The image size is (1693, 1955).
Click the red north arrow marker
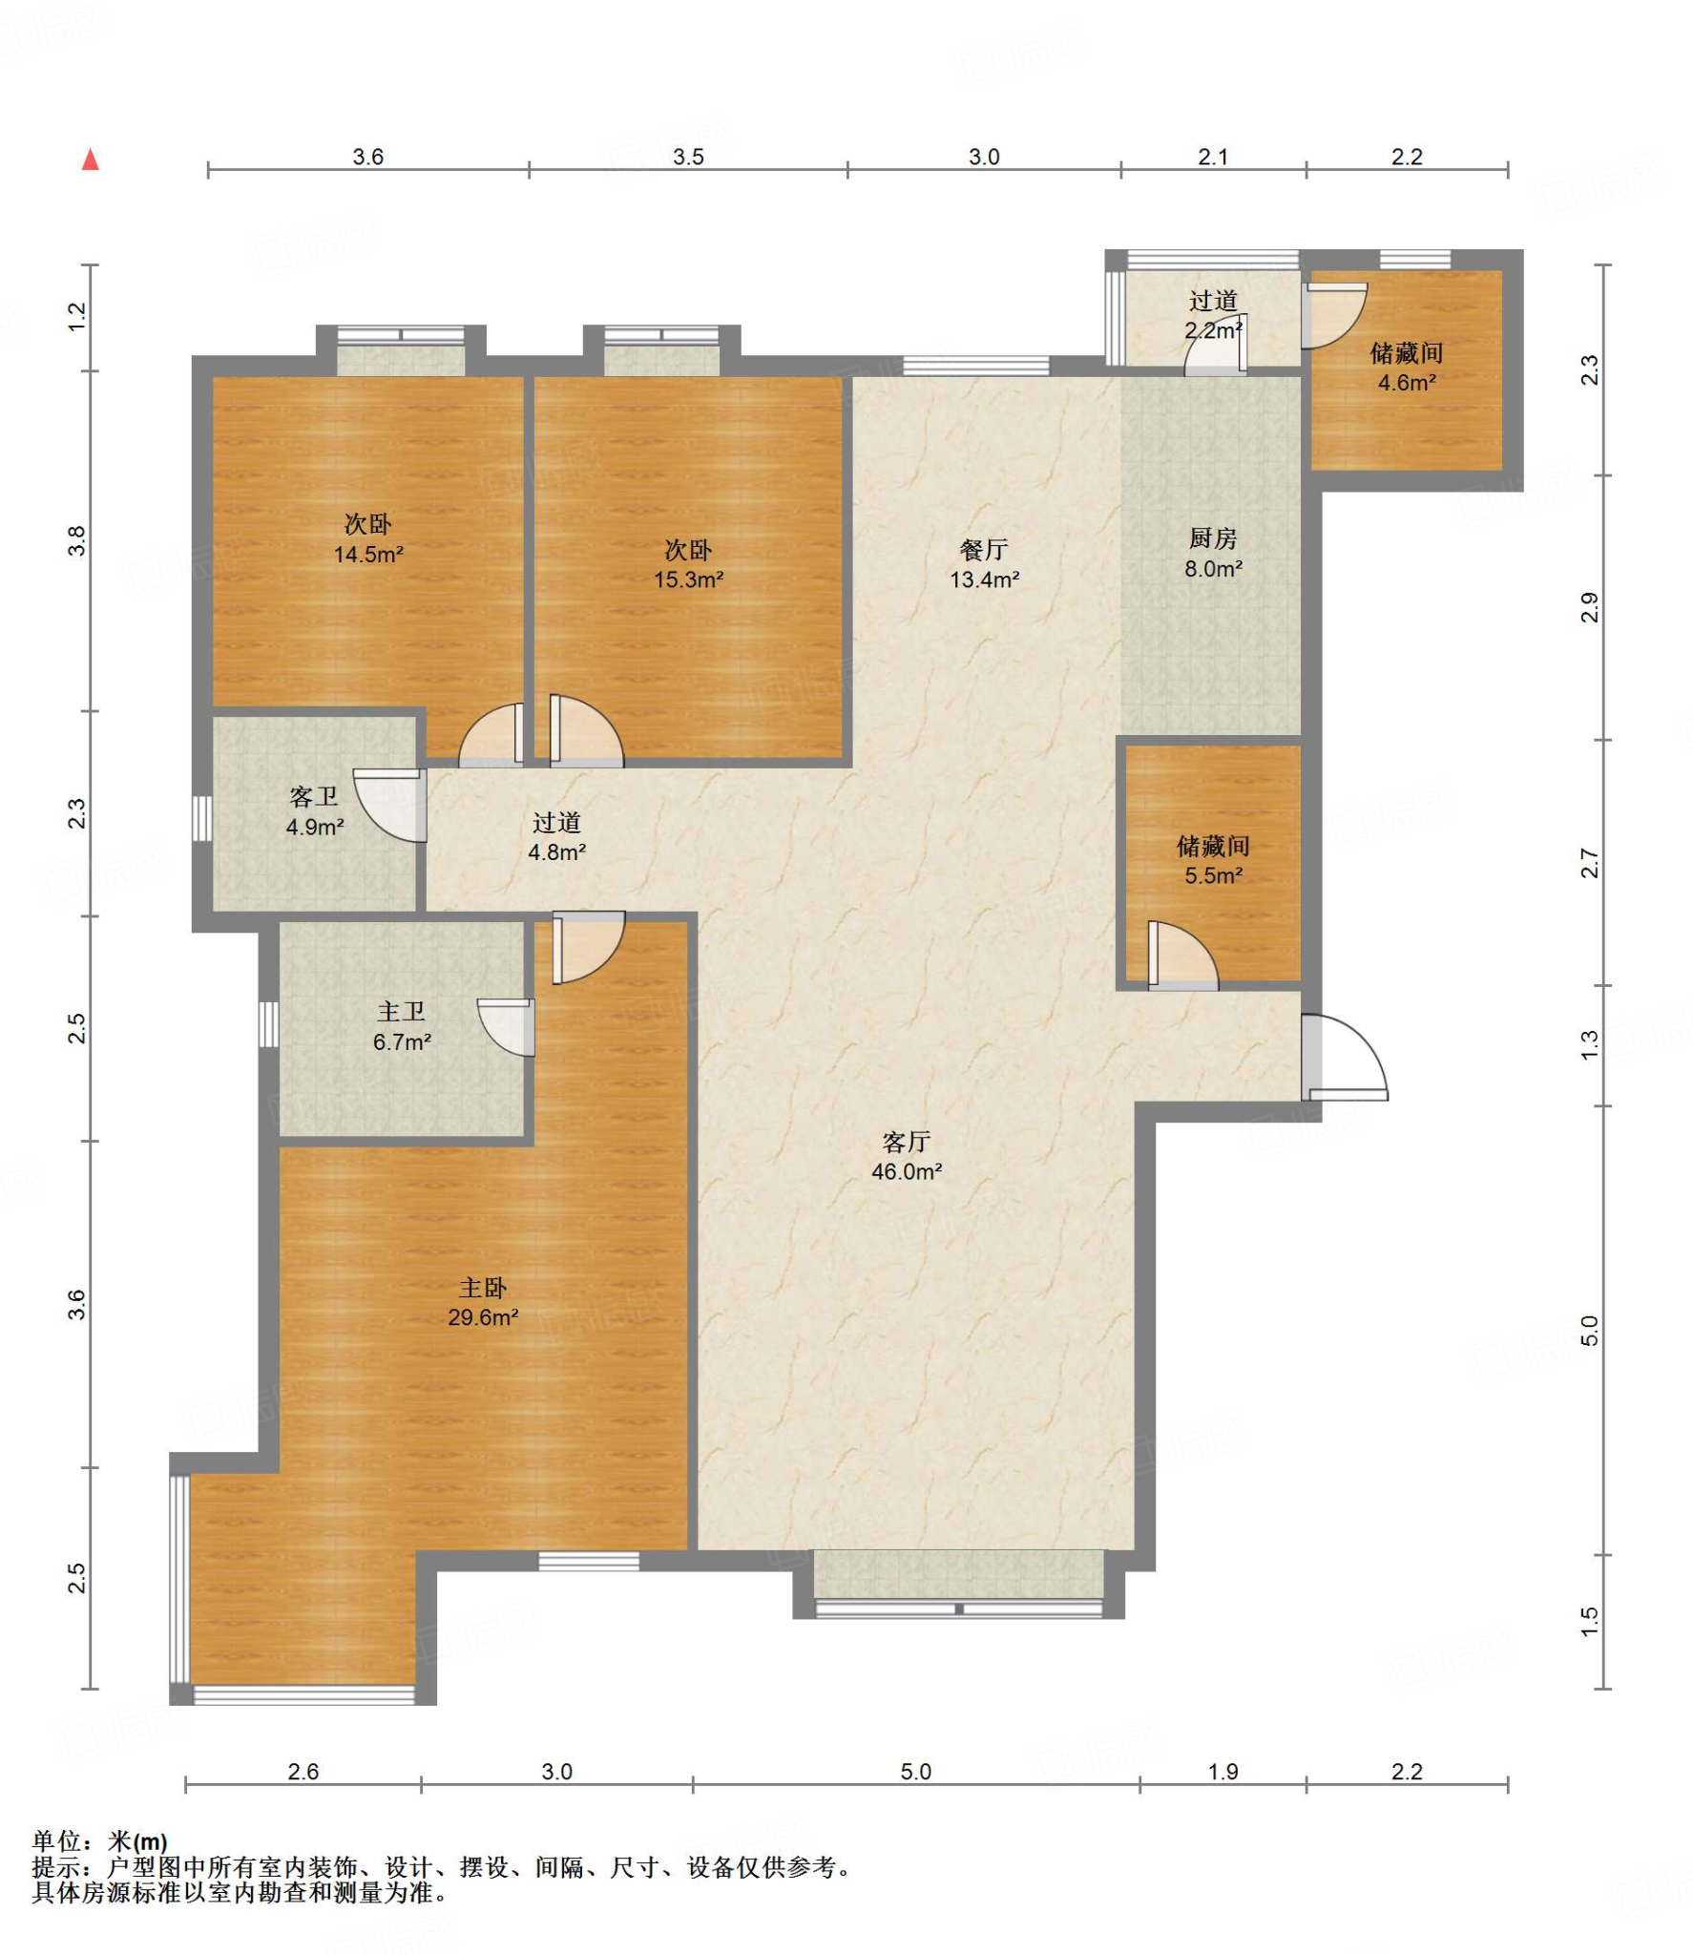(x=91, y=159)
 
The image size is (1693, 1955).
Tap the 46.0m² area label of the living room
(x=907, y=1171)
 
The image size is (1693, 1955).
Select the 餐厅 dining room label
(x=984, y=550)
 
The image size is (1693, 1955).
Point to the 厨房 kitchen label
(x=1213, y=538)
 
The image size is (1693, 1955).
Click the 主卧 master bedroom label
(x=483, y=1288)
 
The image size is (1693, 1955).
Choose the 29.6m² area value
(x=483, y=1317)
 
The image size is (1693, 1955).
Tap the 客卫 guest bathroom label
(x=314, y=796)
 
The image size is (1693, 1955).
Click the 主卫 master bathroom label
(x=401, y=1011)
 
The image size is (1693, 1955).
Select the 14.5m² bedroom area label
(x=368, y=554)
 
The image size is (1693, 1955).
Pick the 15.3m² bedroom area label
(x=688, y=579)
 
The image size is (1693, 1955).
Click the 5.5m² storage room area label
(x=1213, y=875)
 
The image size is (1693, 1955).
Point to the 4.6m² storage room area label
(x=1407, y=383)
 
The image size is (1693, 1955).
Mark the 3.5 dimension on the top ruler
(x=688, y=157)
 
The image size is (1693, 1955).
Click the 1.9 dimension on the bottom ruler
(x=1223, y=1772)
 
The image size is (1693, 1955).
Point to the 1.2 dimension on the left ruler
(x=77, y=317)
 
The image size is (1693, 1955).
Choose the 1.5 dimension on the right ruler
(x=1589, y=1621)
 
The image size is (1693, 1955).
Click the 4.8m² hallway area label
(x=556, y=851)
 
